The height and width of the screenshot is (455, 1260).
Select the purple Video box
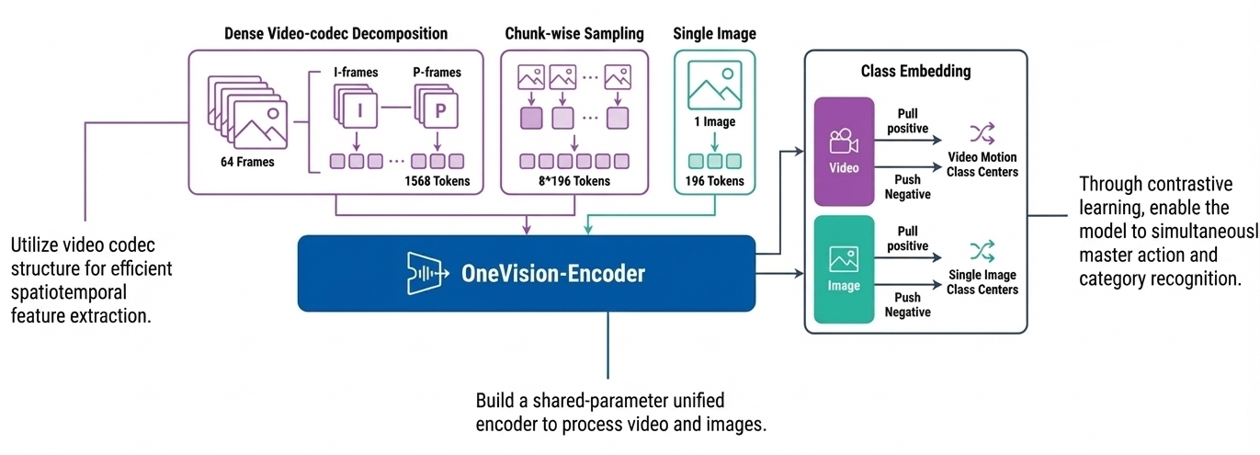tap(844, 151)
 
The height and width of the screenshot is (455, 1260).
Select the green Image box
tap(844, 268)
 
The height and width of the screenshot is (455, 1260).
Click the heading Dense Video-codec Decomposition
tap(335, 34)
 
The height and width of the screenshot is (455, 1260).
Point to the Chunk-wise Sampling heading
tap(574, 34)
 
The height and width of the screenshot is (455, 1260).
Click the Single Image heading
tap(714, 34)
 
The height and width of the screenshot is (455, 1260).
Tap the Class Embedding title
tap(915, 71)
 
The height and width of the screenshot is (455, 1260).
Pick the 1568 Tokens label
tap(437, 181)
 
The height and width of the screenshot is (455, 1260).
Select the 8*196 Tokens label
tap(574, 181)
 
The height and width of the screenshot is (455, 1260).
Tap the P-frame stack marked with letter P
tap(437, 108)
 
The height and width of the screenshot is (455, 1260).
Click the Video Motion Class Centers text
tap(982, 165)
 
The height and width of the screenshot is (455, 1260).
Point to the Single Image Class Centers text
tap(982, 282)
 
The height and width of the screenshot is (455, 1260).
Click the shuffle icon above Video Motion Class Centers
tap(982, 133)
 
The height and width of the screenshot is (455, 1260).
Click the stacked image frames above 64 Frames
tap(246, 115)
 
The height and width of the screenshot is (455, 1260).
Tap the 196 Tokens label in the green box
tap(714, 181)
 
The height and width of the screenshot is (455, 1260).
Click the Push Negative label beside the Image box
tap(907, 305)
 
